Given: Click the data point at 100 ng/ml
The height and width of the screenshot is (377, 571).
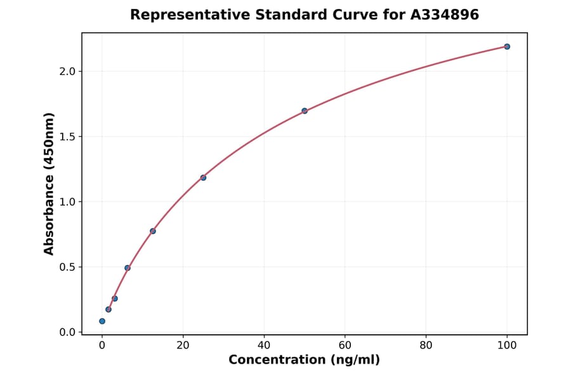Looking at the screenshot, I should [x=507, y=46].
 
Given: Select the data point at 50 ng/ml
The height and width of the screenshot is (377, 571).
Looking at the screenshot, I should [x=305, y=110].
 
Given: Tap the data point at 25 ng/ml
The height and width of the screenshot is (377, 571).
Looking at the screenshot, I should [x=203, y=178].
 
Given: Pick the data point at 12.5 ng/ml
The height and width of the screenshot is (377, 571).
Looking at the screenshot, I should [x=153, y=231].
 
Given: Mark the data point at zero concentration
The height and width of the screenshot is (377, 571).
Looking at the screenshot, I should [x=102, y=321].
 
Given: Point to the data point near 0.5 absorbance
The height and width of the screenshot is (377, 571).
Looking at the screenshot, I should [x=128, y=268].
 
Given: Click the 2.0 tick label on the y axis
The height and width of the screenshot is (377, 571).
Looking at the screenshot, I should [x=67, y=71].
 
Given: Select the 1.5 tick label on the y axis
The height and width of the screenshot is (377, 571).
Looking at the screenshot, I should [x=67, y=136].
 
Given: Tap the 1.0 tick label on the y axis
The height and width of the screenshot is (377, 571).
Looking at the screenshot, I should [x=67, y=202].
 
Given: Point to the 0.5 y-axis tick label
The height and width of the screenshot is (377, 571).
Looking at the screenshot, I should [x=67, y=267].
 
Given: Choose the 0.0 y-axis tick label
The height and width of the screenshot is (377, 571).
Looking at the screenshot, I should [x=67, y=332].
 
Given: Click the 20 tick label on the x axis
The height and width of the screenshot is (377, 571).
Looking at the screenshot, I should [x=183, y=345].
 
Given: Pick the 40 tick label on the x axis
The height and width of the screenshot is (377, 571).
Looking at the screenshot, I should [x=264, y=345].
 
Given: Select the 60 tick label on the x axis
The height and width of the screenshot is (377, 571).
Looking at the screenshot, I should [x=345, y=345].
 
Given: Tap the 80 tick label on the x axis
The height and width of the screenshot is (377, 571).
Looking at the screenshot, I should [x=426, y=345].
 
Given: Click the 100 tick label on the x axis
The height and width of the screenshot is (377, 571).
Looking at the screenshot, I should [x=507, y=345].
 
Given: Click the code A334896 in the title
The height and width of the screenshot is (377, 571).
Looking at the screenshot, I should [x=443, y=15].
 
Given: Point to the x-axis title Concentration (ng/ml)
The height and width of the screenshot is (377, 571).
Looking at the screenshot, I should [x=304, y=360].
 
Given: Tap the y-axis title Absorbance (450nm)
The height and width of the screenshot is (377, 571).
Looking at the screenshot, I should [x=49, y=183].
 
